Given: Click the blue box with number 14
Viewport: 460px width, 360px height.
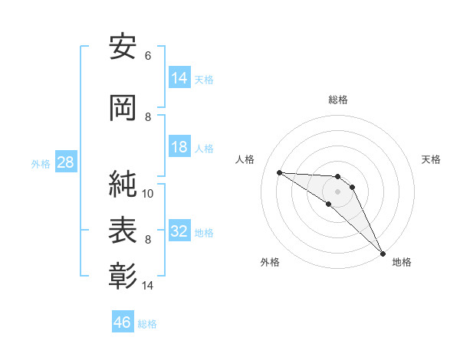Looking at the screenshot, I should click(x=179, y=79).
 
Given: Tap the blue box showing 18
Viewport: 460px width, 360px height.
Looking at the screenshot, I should click(x=179, y=148).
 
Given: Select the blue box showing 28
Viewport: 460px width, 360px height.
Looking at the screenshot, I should click(x=65, y=163).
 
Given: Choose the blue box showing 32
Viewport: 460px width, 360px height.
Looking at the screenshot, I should click(x=179, y=232).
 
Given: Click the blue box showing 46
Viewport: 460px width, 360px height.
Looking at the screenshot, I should click(x=122, y=322).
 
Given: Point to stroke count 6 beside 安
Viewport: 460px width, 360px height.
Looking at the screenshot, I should click(x=148, y=56).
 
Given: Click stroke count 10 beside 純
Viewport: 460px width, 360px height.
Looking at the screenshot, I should click(x=148, y=194).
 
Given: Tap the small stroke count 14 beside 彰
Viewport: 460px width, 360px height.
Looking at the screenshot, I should click(x=148, y=286).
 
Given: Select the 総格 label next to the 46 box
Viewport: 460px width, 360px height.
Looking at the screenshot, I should click(x=147, y=324).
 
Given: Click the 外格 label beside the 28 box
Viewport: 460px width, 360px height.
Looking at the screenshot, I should click(x=41, y=164).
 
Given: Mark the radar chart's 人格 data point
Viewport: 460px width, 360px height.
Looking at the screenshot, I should click(x=279, y=172).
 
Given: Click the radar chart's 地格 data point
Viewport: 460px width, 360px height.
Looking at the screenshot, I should click(x=383, y=254).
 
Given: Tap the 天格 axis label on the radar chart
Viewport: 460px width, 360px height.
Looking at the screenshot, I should click(x=432, y=159).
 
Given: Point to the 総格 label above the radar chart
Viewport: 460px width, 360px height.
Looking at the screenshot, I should click(x=338, y=100).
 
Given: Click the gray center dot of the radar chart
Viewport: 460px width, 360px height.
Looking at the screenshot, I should click(x=337, y=191).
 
